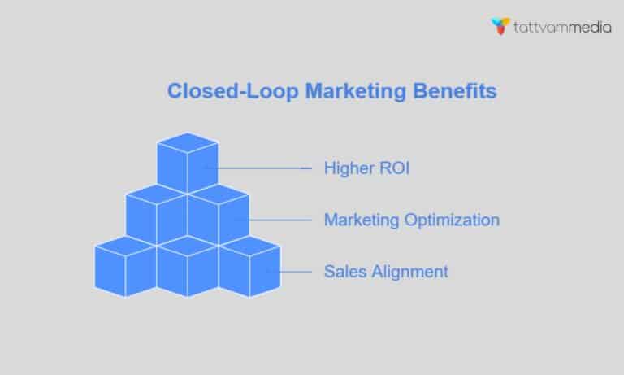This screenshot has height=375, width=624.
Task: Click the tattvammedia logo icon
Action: pos(501,26)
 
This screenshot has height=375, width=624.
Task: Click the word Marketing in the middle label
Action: pos(361,220)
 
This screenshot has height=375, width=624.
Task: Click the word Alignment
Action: pos(409,271)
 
